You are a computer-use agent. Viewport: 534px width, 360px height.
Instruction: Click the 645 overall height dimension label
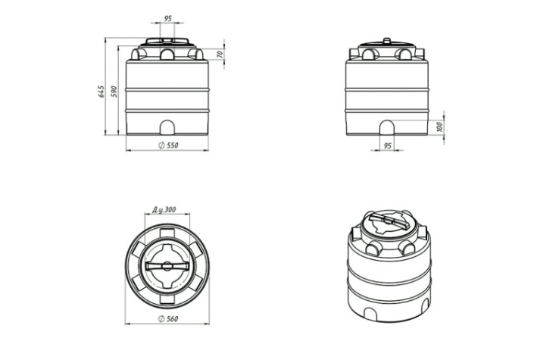tap(101, 92)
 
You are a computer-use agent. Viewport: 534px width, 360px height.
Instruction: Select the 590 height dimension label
tap(114, 92)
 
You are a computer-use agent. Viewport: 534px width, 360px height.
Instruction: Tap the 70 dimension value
tap(220, 54)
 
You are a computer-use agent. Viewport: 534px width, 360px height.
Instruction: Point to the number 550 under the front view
tap(173, 146)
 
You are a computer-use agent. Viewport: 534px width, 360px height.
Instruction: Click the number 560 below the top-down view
tap(173, 319)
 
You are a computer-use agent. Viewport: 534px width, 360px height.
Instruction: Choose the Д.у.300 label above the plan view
tap(164, 210)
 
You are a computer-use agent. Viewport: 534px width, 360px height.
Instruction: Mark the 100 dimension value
tap(439, 127)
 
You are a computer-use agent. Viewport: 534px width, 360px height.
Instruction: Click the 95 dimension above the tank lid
tap(168, 19)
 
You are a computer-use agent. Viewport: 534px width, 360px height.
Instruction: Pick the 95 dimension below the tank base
tap(388, 146)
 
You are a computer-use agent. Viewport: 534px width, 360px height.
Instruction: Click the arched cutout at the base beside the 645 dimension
tap(167, 127)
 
